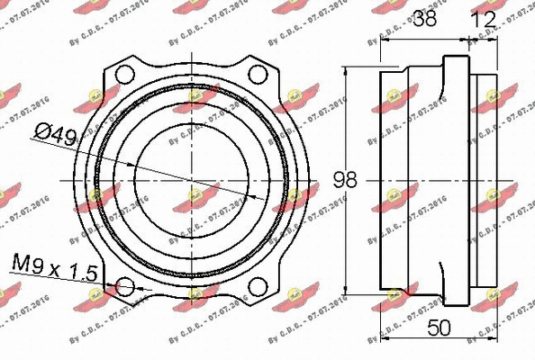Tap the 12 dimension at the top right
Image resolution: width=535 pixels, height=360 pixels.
(x=484, y=19)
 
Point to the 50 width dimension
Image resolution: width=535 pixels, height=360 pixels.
(x=439, y=328)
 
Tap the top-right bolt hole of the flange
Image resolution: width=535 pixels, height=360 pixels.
(x=258, y=73)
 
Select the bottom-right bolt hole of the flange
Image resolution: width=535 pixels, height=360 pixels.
(x=258, y=287)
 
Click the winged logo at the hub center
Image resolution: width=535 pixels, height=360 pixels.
(x=195, y=192)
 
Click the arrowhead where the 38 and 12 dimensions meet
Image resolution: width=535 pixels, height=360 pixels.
(x=468, y=39)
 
